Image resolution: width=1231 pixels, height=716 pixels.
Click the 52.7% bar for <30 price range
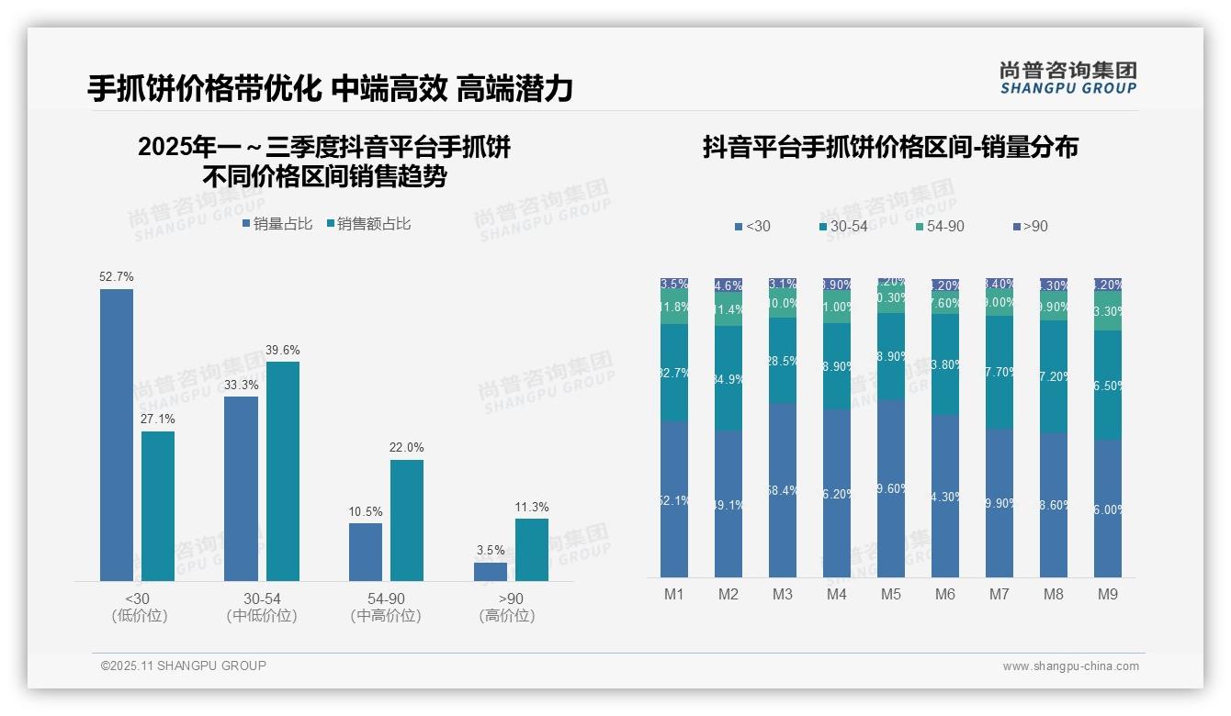coord(117,434)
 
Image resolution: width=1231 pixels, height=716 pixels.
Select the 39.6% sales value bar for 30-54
coord(282,471)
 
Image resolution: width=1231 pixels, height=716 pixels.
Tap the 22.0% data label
coord(406,447)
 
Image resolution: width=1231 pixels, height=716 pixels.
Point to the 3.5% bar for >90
coord(491,571)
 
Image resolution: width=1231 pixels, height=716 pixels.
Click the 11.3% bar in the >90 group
coord(531,550)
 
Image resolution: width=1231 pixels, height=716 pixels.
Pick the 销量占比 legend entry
coord(277,224)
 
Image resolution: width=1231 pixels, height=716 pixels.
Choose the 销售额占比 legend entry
coord(367,224)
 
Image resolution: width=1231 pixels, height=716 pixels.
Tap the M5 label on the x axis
coord(891,594)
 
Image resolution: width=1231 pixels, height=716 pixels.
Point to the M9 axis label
coord(1108,594)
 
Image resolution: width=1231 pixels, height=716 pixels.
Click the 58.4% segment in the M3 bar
coord(783,490)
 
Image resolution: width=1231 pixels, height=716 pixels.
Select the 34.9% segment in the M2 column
coord(728,378)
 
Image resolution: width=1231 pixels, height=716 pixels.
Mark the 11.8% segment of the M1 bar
coord(674,308)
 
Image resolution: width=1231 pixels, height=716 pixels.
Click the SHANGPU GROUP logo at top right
coord(1067,78)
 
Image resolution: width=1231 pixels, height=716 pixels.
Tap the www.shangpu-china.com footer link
coord(1070,666)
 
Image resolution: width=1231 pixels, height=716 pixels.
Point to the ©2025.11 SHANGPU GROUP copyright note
coord(184,666)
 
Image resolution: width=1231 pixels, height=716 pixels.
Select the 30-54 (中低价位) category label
coord(262,608)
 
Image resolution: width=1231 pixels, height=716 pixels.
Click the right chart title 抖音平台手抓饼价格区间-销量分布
coord(890,147)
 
